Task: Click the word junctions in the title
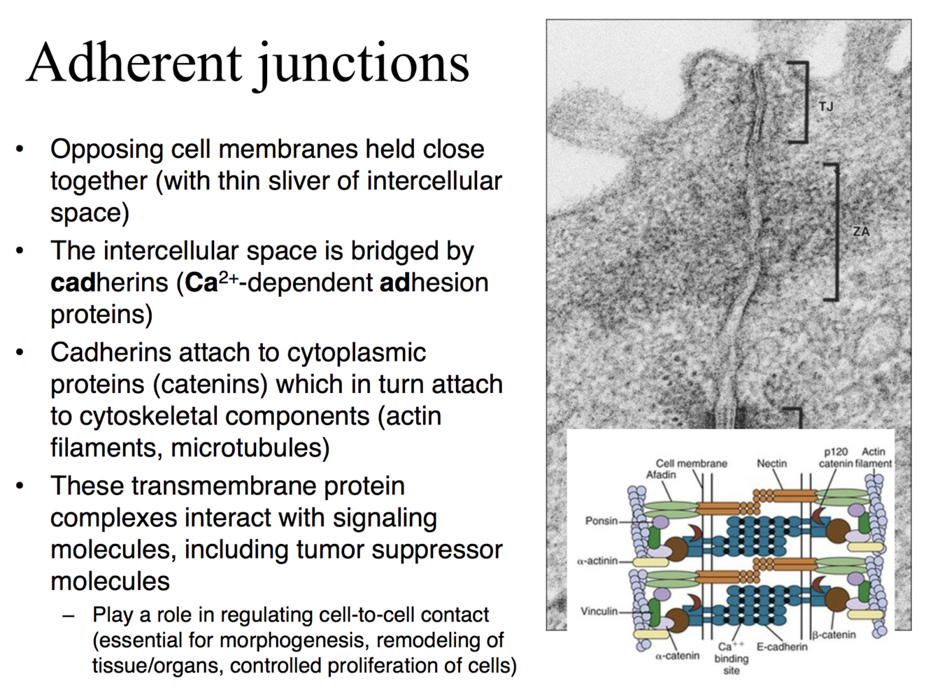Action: [362, 64]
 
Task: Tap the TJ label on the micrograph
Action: [826, 106]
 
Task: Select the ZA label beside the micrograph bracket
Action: [861, 231]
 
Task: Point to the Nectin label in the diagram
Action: [771, 464]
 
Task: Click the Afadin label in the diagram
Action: [661, 475]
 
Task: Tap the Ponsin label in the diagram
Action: [601, 521]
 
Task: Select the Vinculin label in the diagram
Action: [599, 611]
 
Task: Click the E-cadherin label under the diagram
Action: [781, 647]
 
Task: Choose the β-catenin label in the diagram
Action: [834, 635]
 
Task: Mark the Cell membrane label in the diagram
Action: [691, 464]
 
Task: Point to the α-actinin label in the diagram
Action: [597, 561]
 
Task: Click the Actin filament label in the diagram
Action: [874, 457]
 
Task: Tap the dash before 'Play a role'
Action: [68, 616]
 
